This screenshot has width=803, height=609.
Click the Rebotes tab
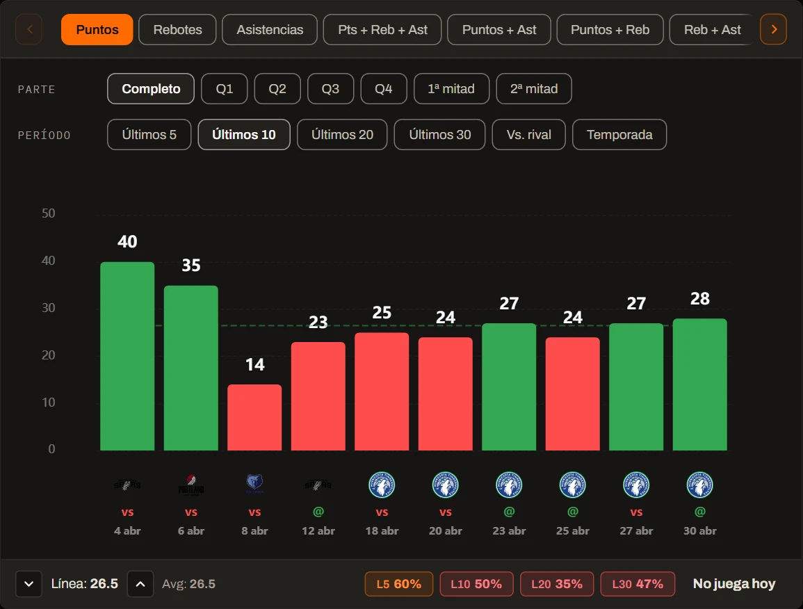coord(177,30)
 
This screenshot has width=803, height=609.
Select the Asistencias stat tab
coord(269,30)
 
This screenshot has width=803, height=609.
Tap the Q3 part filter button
coord(330,88)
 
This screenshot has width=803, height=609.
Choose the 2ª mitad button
coord(534,88)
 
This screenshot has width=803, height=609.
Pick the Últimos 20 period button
coord(342,135)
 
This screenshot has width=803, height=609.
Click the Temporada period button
coord(619,135)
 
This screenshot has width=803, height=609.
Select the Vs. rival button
coord(528,135)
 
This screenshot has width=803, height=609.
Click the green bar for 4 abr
coord(127,357)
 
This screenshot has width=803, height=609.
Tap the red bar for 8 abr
coord(254,417)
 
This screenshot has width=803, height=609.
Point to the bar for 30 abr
coord(699,384)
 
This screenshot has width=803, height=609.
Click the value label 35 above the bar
coord(191,266)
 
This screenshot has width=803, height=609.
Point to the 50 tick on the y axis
coord(49,213)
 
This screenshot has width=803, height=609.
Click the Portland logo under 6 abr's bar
coord(191,485)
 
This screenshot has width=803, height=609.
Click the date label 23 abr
coord(509,530)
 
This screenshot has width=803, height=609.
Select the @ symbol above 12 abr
coord(318,512)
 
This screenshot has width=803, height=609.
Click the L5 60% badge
coord(398,584)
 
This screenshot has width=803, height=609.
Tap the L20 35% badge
coord(557,584)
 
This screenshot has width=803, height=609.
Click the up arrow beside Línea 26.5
coord(140,584)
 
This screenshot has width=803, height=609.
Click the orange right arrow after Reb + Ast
coord(773,30)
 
